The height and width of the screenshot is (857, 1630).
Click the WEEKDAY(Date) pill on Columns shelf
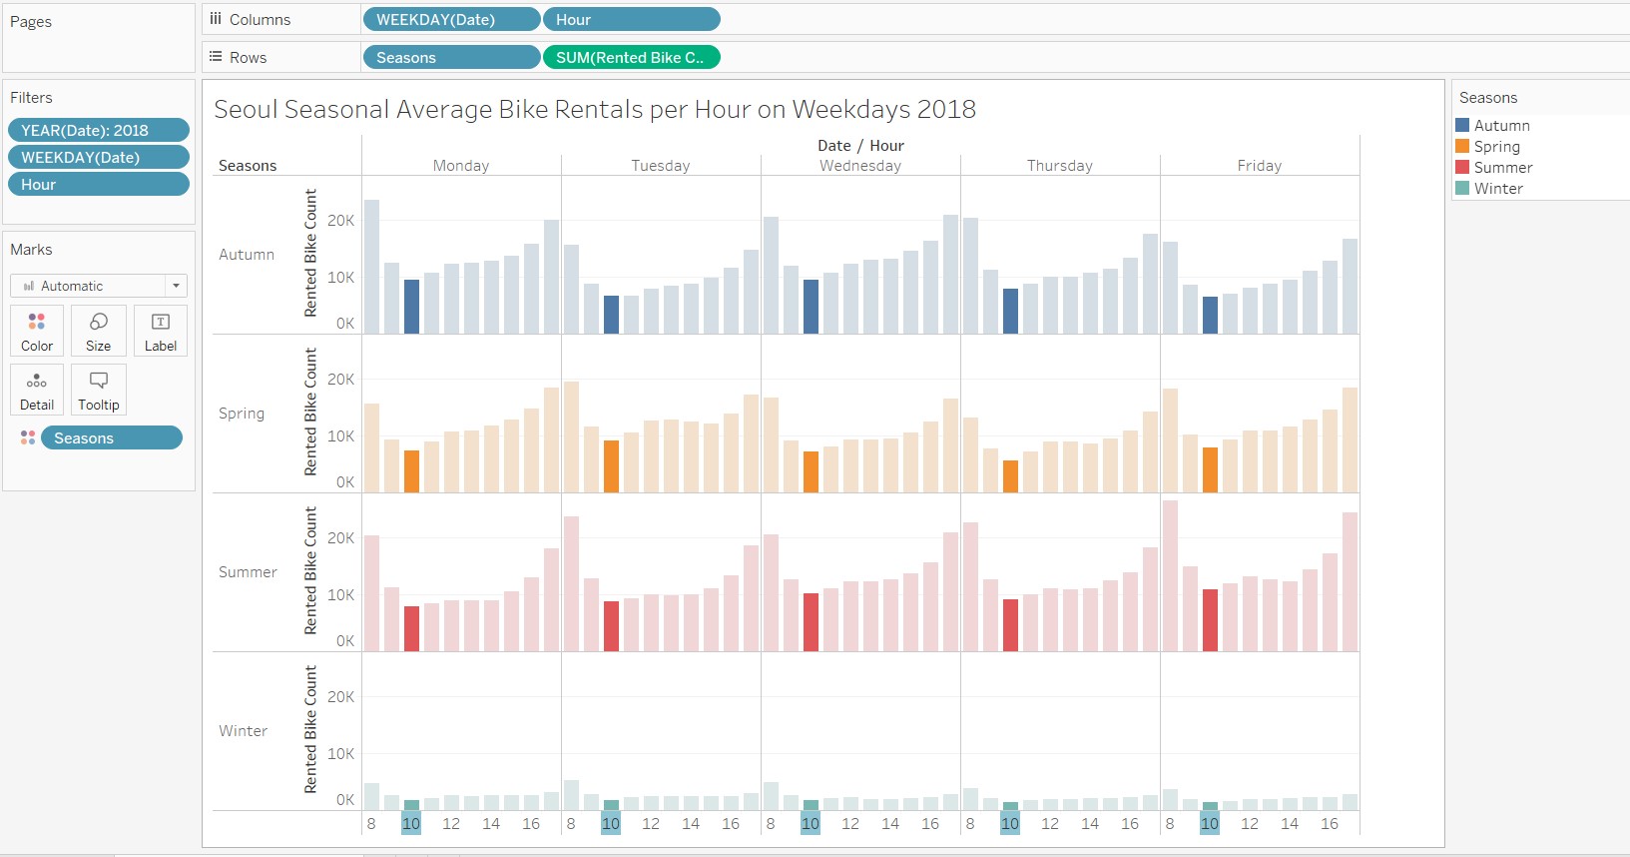451,19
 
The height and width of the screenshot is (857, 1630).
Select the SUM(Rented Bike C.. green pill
631,57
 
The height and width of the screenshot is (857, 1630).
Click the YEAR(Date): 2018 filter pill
98,130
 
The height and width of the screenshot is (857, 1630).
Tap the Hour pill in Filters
98,184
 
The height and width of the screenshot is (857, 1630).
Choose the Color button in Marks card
37,331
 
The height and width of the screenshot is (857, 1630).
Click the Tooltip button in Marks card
99,390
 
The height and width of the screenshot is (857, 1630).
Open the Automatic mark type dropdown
99,286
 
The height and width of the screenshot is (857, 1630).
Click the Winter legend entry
1497,189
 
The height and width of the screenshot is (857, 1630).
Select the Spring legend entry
1496,147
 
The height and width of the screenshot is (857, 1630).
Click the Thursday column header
1059,166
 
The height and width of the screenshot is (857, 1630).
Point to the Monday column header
460,166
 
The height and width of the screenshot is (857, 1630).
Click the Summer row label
248,572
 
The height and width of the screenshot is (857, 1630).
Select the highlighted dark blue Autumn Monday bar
411,307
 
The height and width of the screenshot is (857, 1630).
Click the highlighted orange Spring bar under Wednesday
811,471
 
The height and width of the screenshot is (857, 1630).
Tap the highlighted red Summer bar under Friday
1210,620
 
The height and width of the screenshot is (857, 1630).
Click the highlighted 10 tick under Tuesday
611,823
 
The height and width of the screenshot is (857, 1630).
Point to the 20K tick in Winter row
340,696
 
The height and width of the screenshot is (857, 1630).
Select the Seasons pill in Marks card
111,437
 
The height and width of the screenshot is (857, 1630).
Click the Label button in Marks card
161,331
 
